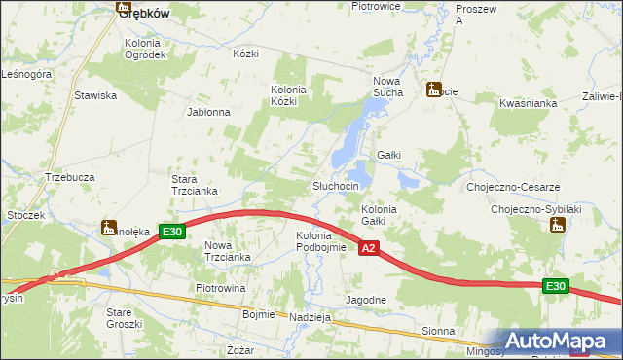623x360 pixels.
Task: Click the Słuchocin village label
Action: (x=336, y=186)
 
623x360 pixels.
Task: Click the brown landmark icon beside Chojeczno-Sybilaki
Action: (x=558, y=226)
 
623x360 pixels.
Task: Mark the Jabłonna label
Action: (x=208, y=112)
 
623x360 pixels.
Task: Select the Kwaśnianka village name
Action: (x=527, y=102)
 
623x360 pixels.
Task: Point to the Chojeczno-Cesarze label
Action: (x=512, y=187)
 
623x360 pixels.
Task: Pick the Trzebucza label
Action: (x=69, y=177)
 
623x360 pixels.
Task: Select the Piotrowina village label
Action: (x=220, y=289)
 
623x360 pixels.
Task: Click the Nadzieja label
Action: (x=311, y=317)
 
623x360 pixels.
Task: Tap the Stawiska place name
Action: (x=95, y=95)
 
